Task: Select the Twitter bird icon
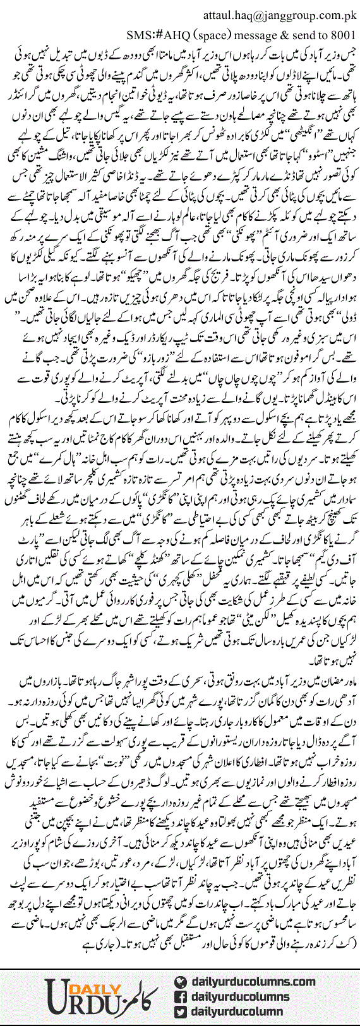(x=182, y=1012)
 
